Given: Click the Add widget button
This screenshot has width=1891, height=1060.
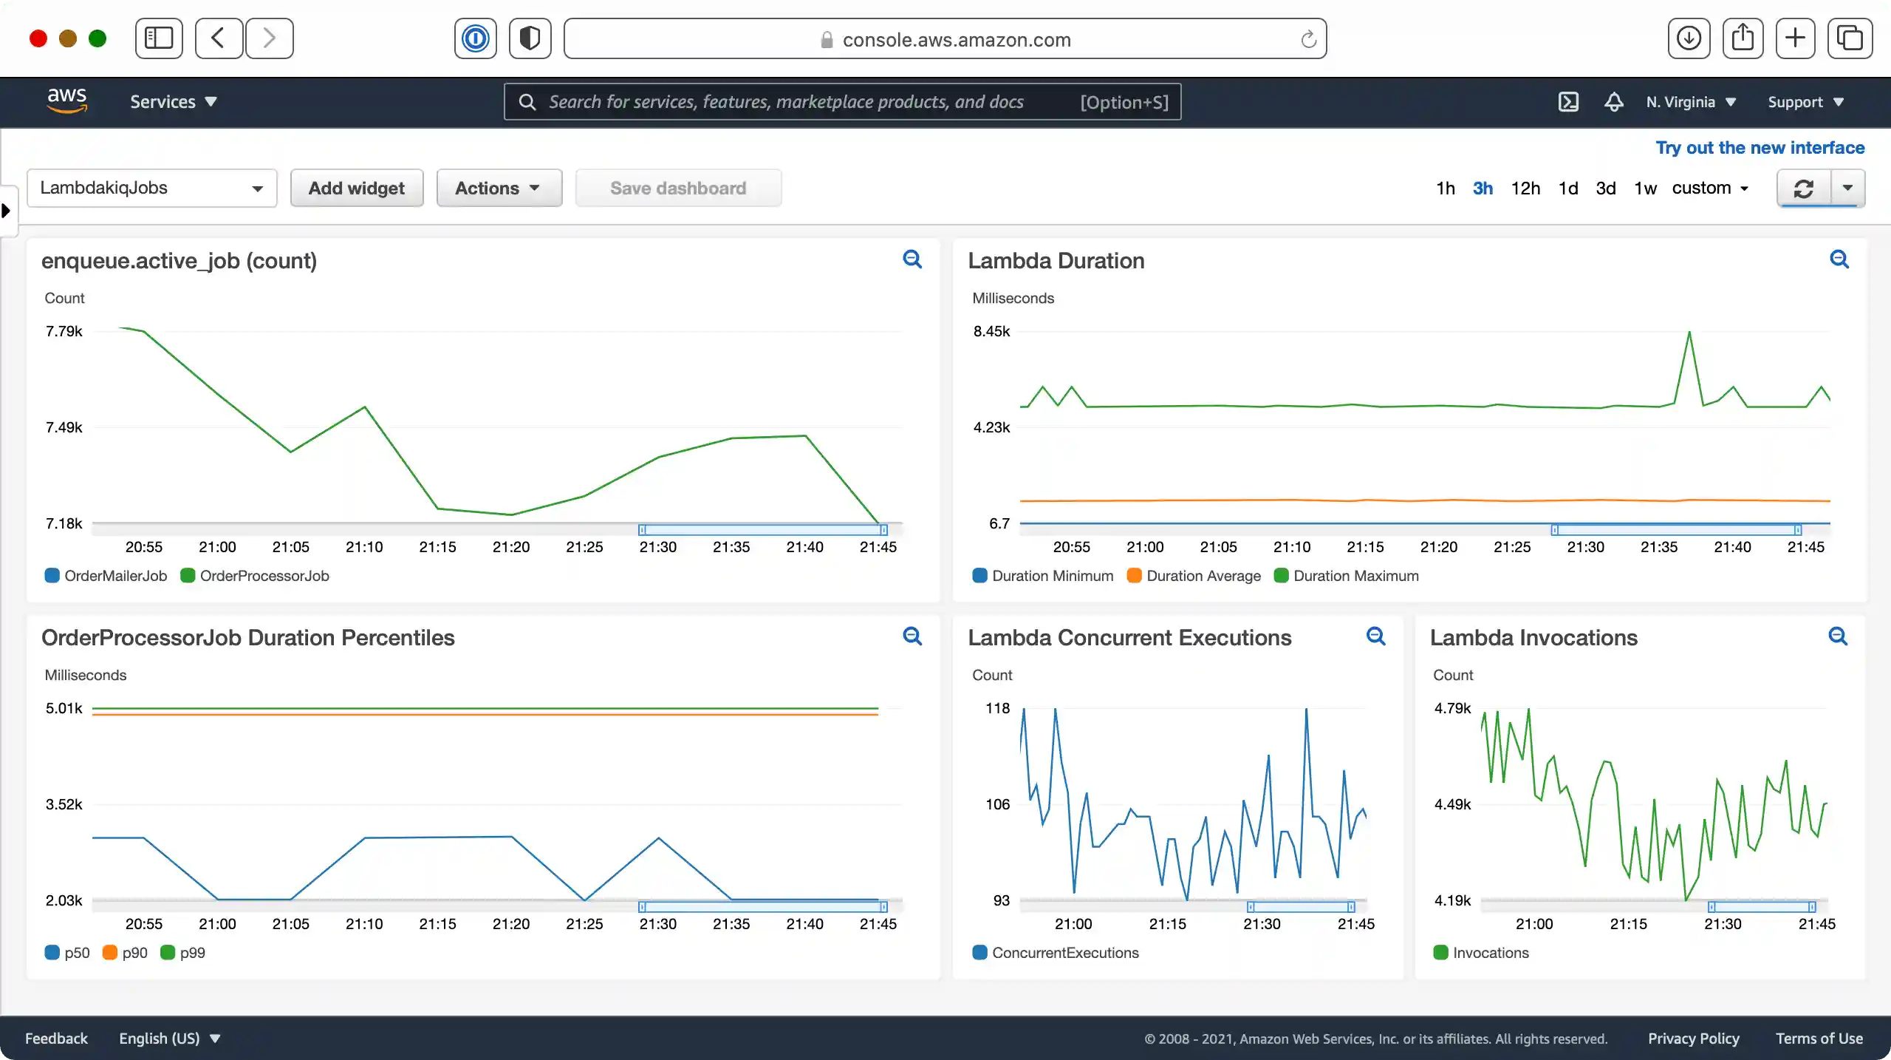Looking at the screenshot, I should tap(356, 188).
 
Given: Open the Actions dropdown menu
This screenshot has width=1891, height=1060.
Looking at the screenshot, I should tap(498, 188).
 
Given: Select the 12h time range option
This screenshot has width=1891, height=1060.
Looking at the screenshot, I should tap(1525, 188).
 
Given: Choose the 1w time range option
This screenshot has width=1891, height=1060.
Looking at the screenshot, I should tap(1644, 188).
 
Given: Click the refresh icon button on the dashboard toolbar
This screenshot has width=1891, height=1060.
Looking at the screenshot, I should tap(1804, 188).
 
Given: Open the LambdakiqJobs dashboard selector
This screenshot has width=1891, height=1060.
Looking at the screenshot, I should tap(151, 188).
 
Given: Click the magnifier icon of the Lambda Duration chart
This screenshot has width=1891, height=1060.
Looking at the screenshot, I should tap(1839, 259).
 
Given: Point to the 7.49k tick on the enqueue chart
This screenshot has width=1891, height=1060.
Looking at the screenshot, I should tap(64, 427).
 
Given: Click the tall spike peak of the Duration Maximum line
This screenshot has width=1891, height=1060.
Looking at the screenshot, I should tap(1689, 333).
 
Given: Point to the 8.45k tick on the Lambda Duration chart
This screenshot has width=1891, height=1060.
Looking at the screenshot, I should tap(991, 331).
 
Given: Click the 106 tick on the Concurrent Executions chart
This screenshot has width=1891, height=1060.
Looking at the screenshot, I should tap(997, 804).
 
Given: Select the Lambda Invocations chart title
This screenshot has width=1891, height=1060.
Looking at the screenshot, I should tap(1533, 638).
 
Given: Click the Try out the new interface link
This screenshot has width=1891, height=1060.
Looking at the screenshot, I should tap(1760, 148).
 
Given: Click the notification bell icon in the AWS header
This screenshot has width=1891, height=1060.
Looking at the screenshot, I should tap(1613, 102).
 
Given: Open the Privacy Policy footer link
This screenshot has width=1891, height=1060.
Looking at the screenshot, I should tap(1693, 1039).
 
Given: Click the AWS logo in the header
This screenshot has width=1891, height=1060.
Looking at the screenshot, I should tap(67, 101).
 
